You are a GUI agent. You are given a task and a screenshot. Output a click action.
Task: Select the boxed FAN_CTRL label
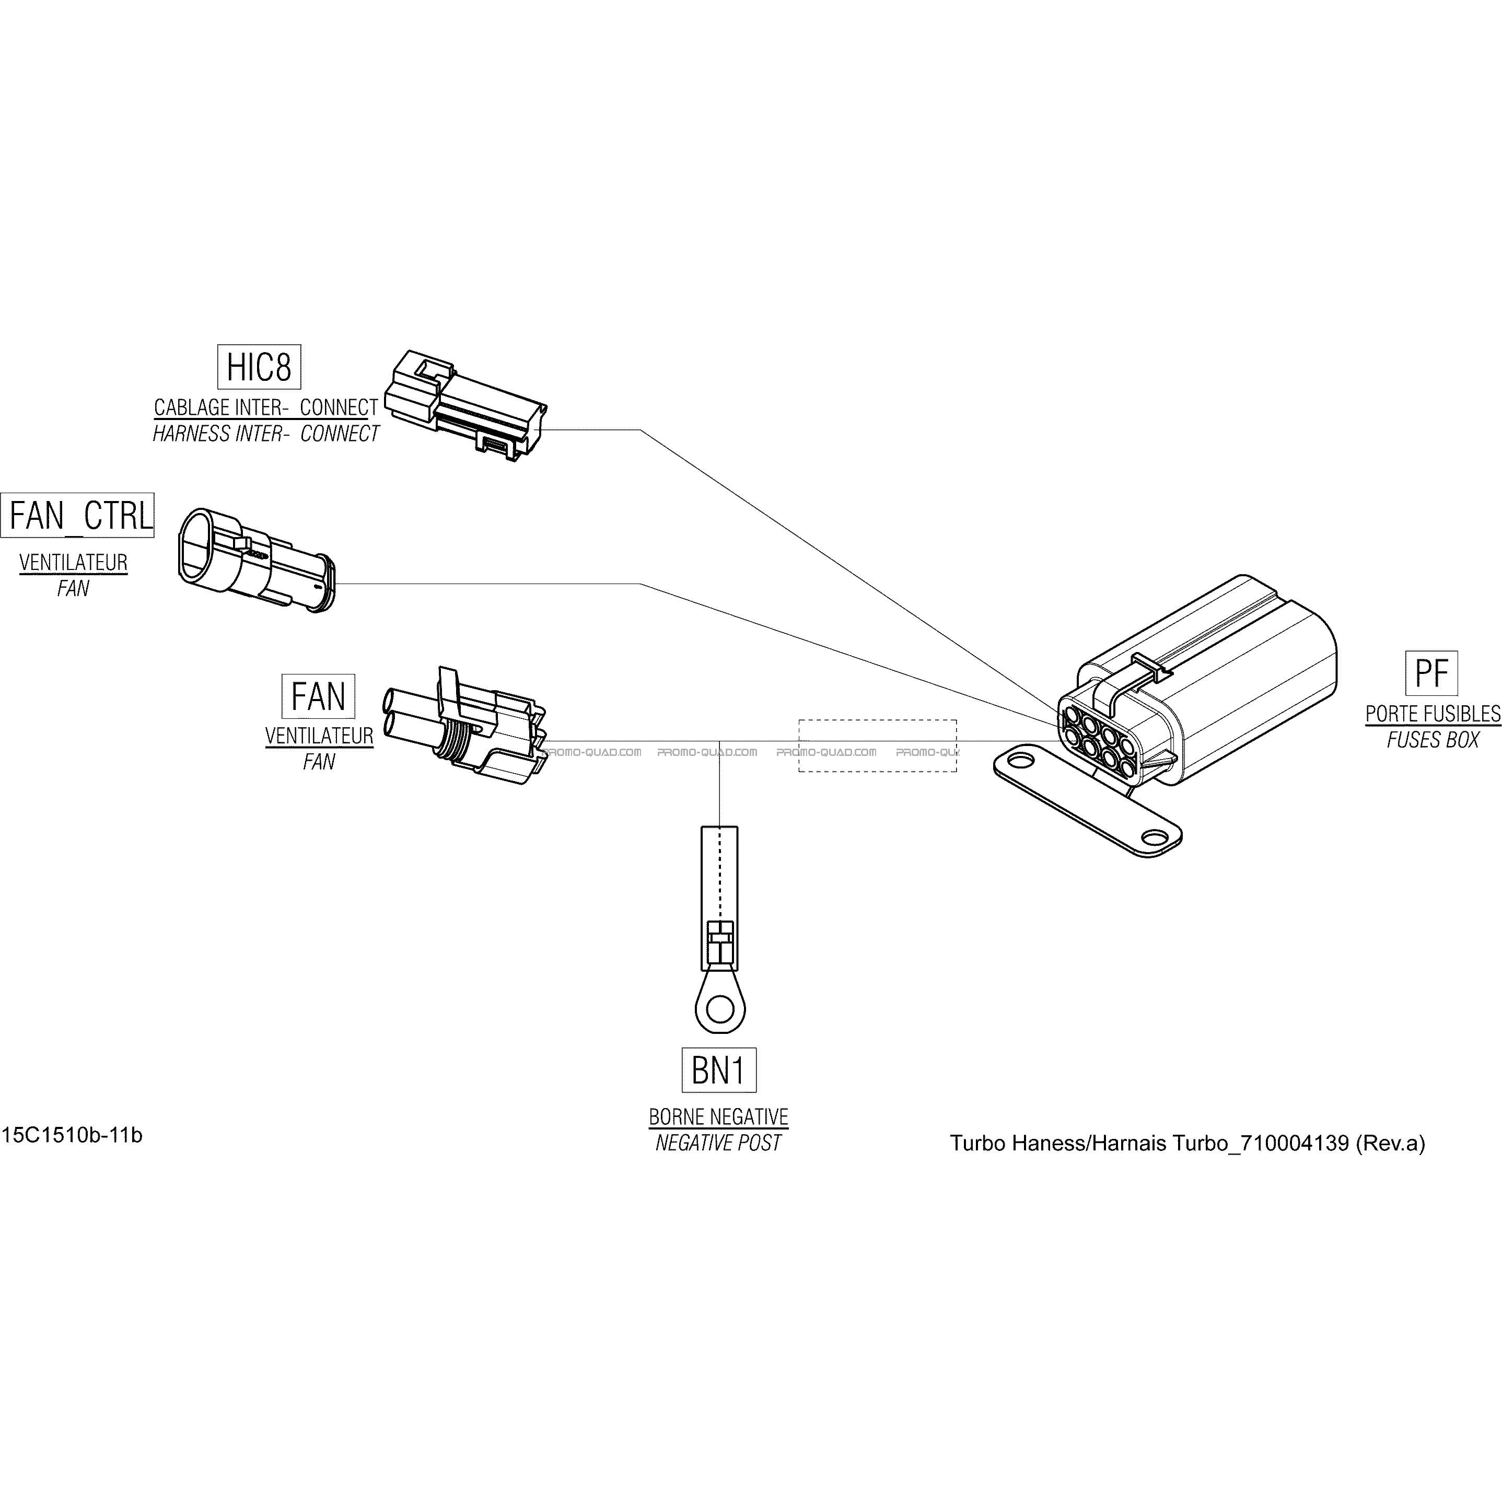point(78,515)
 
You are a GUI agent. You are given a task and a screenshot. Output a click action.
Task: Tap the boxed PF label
point(1431,673)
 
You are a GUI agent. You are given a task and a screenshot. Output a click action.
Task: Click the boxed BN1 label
point(718,1070)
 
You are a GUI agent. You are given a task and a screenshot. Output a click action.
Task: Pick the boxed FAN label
point(318,696)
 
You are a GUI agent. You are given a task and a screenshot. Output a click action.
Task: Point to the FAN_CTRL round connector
point(257,560)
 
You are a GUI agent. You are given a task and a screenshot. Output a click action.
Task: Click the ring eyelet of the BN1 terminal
point(720,1010)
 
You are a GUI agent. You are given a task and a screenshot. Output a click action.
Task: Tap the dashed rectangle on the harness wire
point(877,746)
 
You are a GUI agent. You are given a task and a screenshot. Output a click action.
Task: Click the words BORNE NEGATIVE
point(718,1117)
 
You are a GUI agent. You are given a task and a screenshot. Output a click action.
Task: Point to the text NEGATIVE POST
point(718,1143)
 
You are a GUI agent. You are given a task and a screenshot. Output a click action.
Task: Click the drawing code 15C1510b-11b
point(72,1135)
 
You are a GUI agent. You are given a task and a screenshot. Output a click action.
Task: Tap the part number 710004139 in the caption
point(1295,1143)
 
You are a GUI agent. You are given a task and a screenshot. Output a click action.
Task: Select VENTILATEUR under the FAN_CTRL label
point(73,562)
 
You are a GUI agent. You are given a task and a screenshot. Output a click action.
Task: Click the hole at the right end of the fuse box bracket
point(1155,837)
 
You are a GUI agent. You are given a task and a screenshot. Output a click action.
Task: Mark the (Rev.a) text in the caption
point(1390,1143)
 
